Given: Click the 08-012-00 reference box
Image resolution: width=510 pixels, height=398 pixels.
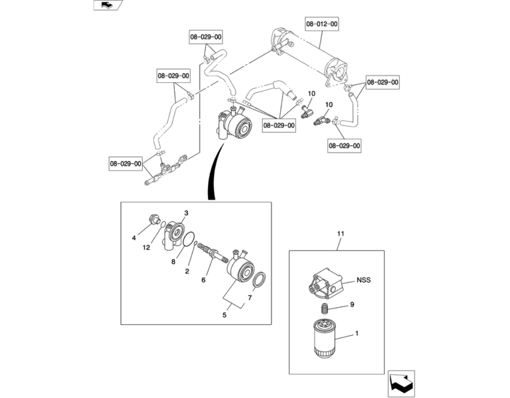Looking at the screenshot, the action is [322, 24].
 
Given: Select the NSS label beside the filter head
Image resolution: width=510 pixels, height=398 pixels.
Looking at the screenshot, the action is [363, 280].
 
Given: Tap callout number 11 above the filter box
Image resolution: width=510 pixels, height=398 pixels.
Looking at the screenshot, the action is [341, 233].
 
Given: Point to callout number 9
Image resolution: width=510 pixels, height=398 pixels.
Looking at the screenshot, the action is [352, 304].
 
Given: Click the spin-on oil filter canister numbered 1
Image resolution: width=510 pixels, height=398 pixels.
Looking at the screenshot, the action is [325, 338].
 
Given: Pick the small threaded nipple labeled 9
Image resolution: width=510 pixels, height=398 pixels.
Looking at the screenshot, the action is [323, 308].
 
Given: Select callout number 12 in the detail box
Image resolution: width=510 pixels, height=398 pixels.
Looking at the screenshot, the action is [146, 247].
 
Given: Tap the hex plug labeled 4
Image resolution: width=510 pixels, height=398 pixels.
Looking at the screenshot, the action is [154, 220].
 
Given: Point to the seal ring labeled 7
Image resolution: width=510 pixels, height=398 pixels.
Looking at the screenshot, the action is [259, 280].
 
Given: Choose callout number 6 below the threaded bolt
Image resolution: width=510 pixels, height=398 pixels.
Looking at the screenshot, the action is [204, 280].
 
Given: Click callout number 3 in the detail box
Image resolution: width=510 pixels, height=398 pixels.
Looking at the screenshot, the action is [187, 213].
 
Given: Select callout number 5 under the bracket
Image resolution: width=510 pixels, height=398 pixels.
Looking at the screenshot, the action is [224, 315].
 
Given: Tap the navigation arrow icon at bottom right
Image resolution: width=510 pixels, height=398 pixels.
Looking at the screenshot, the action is [401, 383].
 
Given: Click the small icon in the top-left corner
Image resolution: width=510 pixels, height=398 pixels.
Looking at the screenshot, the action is [108, 5].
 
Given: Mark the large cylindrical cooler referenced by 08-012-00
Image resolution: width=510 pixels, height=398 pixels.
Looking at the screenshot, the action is [309, 56].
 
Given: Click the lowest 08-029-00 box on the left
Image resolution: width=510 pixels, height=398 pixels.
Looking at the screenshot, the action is [126, 163].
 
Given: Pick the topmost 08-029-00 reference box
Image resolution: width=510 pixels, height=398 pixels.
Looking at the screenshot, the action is [206, 37].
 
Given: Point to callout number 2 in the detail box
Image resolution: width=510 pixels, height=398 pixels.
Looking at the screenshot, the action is [187, 271].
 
